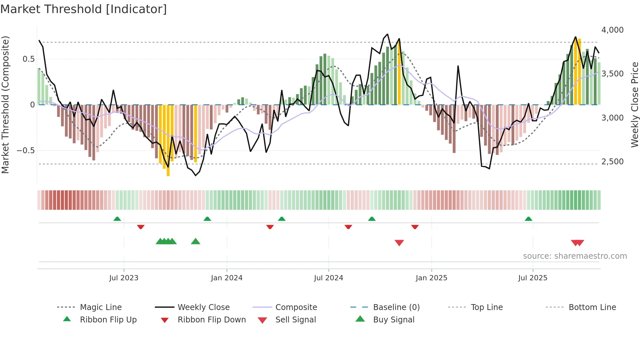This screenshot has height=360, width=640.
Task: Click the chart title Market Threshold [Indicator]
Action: pos(84,9)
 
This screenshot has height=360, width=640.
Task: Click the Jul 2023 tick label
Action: pos(124,278)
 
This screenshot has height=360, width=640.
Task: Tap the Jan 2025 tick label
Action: pos(431,278)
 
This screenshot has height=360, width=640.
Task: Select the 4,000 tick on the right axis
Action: pos(612,30)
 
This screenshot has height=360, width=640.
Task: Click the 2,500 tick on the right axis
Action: pos(612,161)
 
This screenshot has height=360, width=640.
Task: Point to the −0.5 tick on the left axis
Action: pos(25,151)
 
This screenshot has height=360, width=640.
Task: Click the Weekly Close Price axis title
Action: pos(634,105)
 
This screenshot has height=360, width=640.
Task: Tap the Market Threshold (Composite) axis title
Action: pos(5,105)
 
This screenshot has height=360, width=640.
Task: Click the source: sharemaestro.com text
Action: pos(575,256)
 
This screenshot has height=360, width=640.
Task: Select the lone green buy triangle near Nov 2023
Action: pos(195,241)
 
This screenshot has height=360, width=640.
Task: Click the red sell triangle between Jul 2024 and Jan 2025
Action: pos(399,242)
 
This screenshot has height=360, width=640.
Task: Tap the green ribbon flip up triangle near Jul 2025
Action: pos(528,219)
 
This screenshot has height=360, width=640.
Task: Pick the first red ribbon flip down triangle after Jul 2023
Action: pos(141,227)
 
